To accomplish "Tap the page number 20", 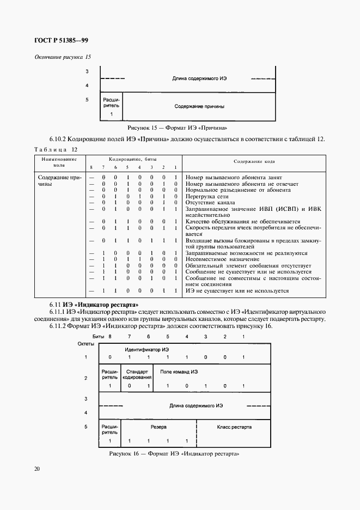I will (x=36, y=468).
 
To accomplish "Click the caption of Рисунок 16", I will (x=174, y=453).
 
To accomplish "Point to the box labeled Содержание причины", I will (x=199, y=106).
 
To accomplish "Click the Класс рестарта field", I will (x=234, y=427).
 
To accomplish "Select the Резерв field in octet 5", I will (x=159, y=427).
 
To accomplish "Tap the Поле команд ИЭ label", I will (x=179, y=371).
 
